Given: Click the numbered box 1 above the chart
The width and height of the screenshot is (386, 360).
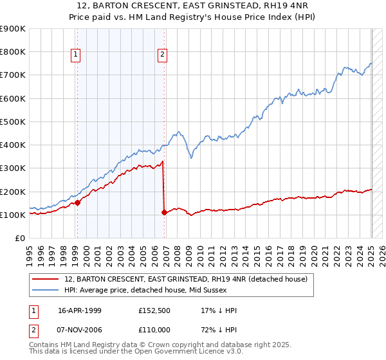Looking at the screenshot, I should tap(76, 55).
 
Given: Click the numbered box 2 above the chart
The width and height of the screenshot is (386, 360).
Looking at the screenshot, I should tap(162, 55).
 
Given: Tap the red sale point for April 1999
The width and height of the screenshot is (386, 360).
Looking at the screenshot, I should tap(77, 202).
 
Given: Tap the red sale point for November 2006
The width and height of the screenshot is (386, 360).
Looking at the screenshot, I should tap(164, 212).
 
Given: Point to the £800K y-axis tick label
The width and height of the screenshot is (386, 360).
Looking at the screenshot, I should tap(13, 51).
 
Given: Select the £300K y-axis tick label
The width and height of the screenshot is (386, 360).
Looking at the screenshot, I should tap(13, 168).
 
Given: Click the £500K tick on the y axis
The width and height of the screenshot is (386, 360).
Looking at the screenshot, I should tap(13, 122).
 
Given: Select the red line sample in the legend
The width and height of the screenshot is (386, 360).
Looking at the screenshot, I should tap(46, 279).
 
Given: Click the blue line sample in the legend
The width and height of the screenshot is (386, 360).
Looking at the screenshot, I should tap(46, 290).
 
